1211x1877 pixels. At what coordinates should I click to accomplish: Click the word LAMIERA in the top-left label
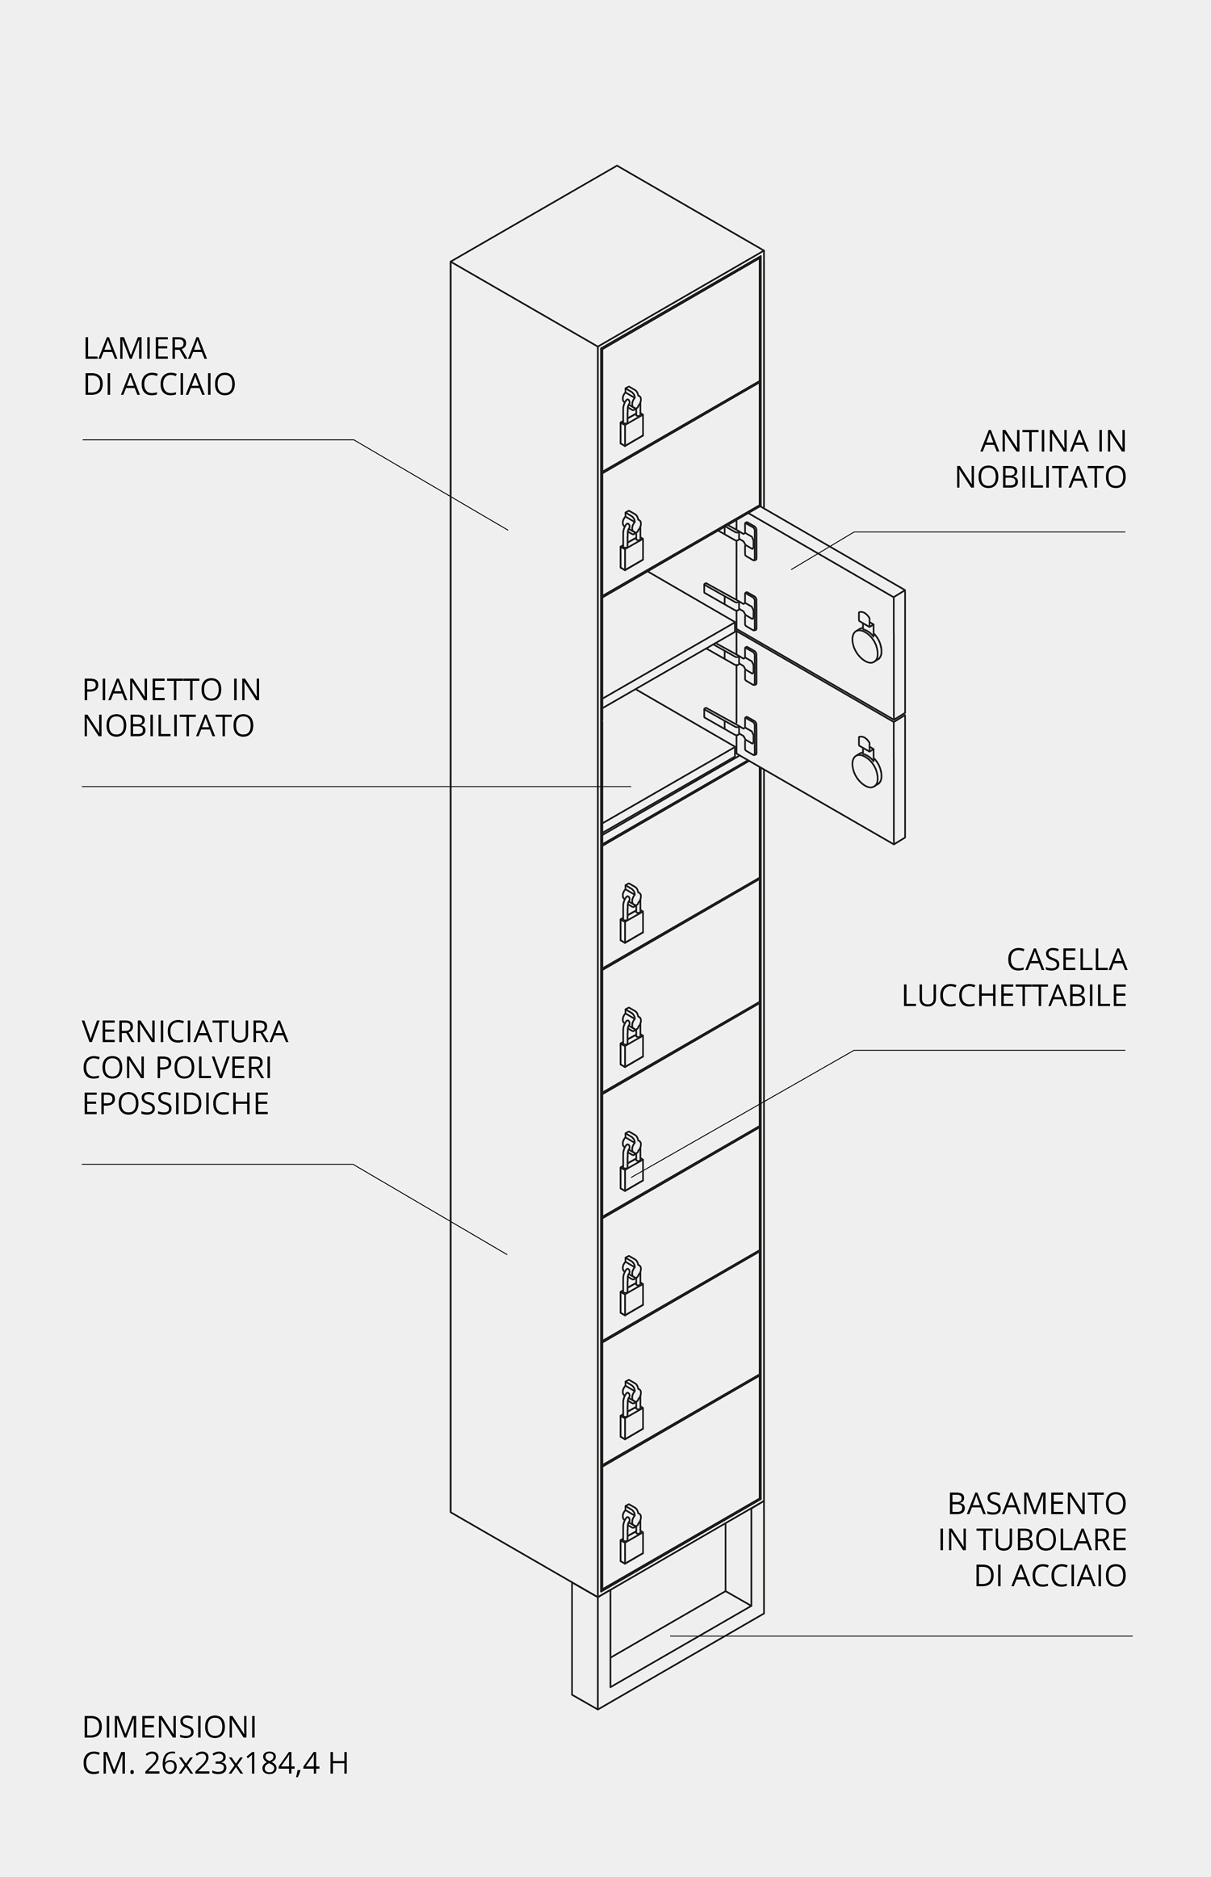pos(145,348)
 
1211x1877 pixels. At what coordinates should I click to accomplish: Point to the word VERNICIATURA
pos(185,1031)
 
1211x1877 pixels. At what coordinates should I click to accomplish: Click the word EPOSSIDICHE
pos(175,1103)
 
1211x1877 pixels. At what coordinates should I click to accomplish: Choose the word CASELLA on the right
pos(1066,959)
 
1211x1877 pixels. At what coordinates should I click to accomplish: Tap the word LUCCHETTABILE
pos(1014,996)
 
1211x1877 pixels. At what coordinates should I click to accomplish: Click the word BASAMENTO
pos(1037,1504)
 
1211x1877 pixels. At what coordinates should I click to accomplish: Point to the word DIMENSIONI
pos(170,1728)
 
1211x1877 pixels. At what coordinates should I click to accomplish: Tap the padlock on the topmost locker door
pos(631,417)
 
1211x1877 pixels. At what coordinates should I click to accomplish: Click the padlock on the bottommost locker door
pos(631,1534)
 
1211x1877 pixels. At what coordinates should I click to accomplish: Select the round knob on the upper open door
pos(866,639)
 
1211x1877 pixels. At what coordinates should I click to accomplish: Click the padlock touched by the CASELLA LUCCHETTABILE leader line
pos(631,1161)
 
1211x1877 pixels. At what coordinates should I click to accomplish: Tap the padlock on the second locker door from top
pos(631,541)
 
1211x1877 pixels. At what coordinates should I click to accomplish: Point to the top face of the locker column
pos(607,256)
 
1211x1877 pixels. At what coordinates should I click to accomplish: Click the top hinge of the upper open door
pos(741,539)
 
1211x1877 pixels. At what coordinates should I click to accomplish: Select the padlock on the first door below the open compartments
pos(631,913)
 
